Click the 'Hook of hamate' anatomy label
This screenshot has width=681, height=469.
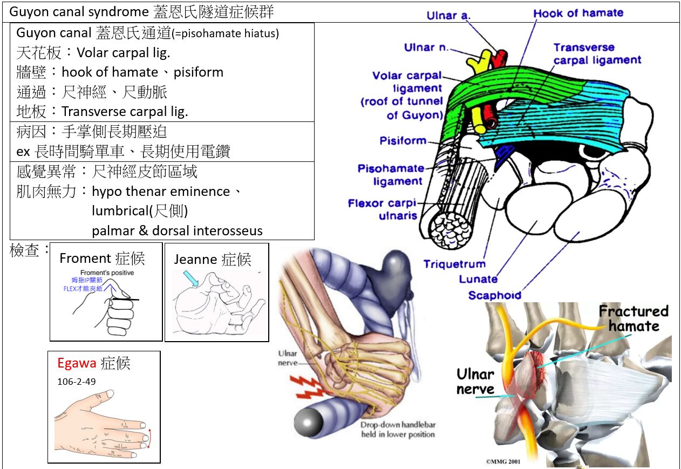[x=578, y=13]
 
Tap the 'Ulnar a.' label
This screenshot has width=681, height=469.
[x=448, y=16]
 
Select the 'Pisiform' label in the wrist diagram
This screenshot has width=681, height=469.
[x=403, y=141]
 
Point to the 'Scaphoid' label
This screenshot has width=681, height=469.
[x=495, y=295]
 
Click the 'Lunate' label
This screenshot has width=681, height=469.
[x=478, y=278]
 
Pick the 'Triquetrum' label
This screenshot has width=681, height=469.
[x=454, y=264]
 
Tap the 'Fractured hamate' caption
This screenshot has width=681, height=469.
[x=634, y=318]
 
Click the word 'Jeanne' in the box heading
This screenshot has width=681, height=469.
[x=195, y=260]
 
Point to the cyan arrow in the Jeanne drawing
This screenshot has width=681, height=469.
[x=191, y=278]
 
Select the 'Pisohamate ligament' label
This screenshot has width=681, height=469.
[x=391, y=175]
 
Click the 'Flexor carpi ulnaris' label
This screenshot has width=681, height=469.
[x=382, y=209]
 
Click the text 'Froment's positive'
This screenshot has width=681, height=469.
[x=107, y=273]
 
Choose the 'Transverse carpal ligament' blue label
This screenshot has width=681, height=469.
[x=597, y=53]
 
